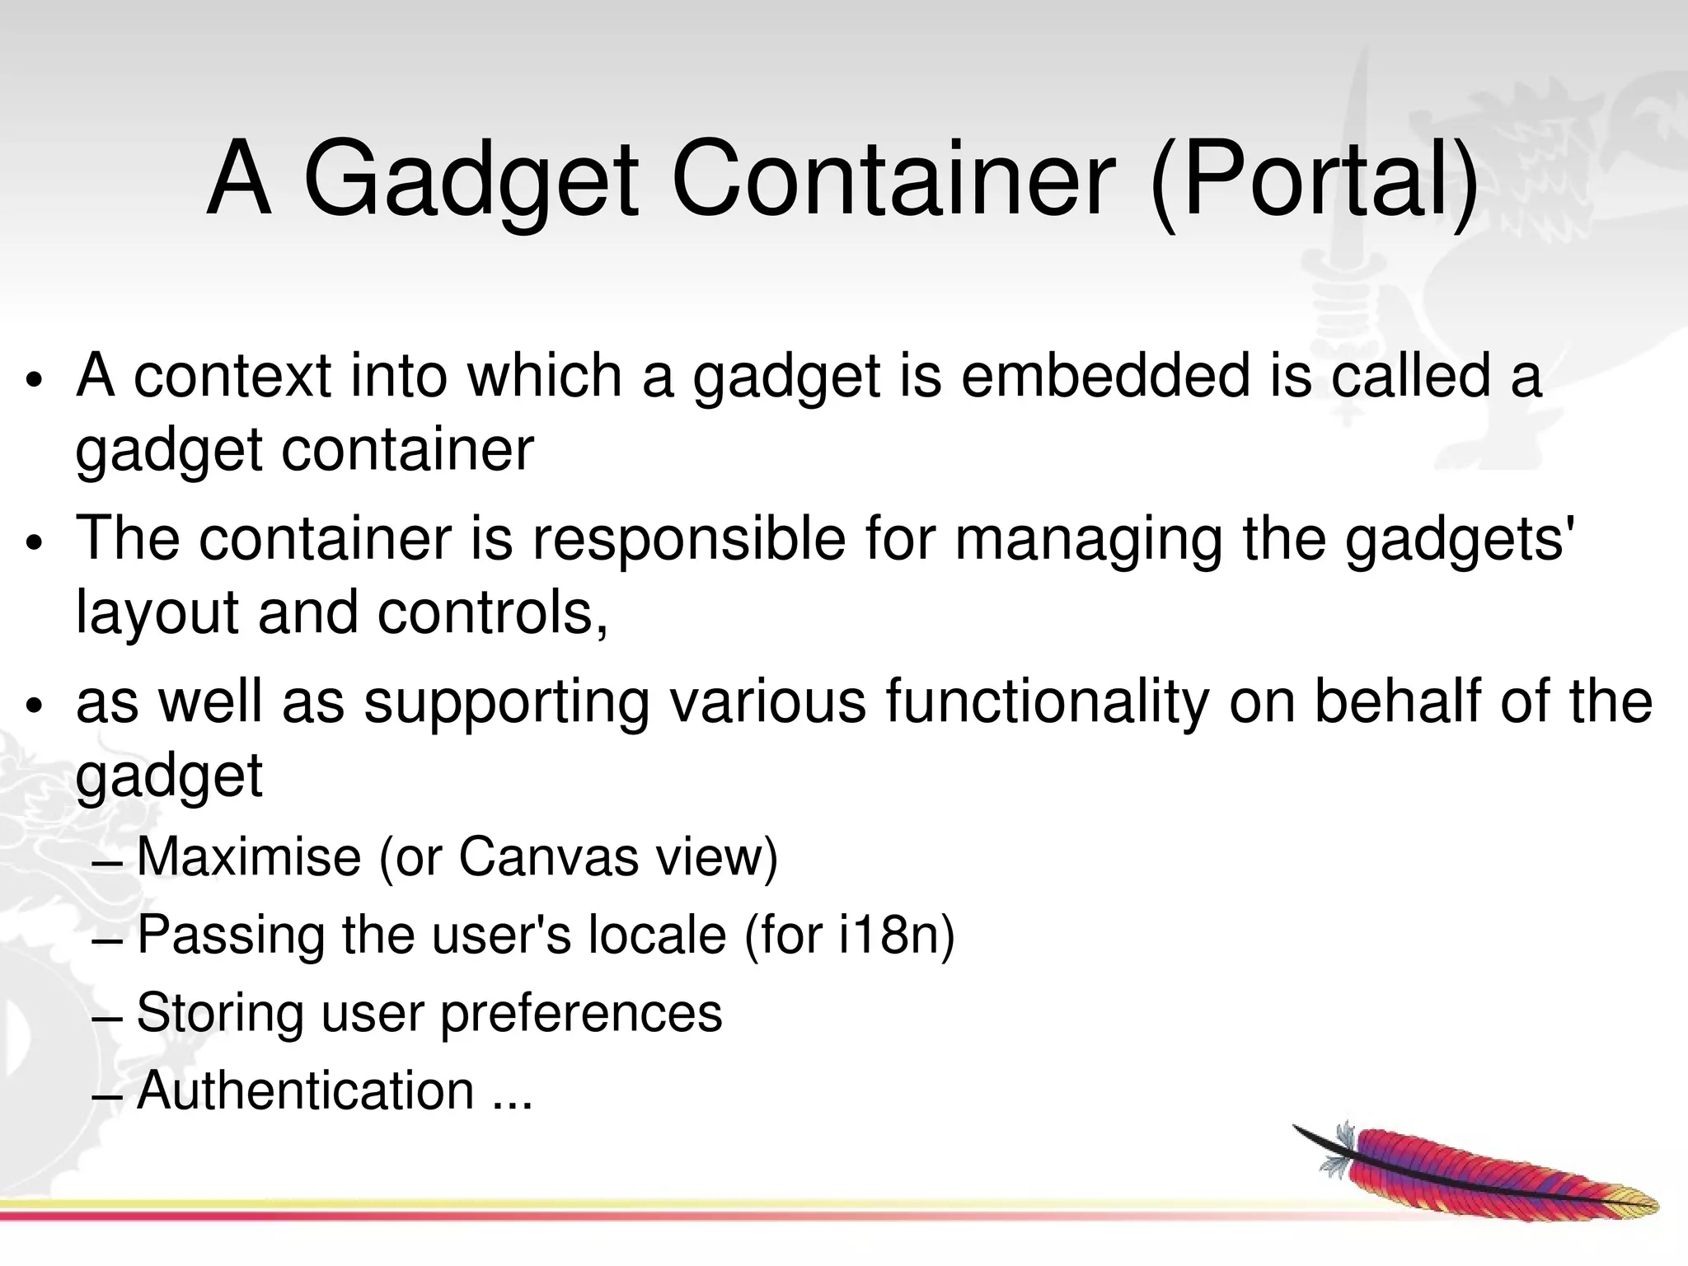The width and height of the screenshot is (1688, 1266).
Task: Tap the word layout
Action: (x=157, y=615)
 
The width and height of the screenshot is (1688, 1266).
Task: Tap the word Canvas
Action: (x=547, y=857)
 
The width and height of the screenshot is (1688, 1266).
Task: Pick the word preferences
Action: (x=581, y=1014)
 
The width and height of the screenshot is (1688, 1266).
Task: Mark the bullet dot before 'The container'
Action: (x=33, y=544)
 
